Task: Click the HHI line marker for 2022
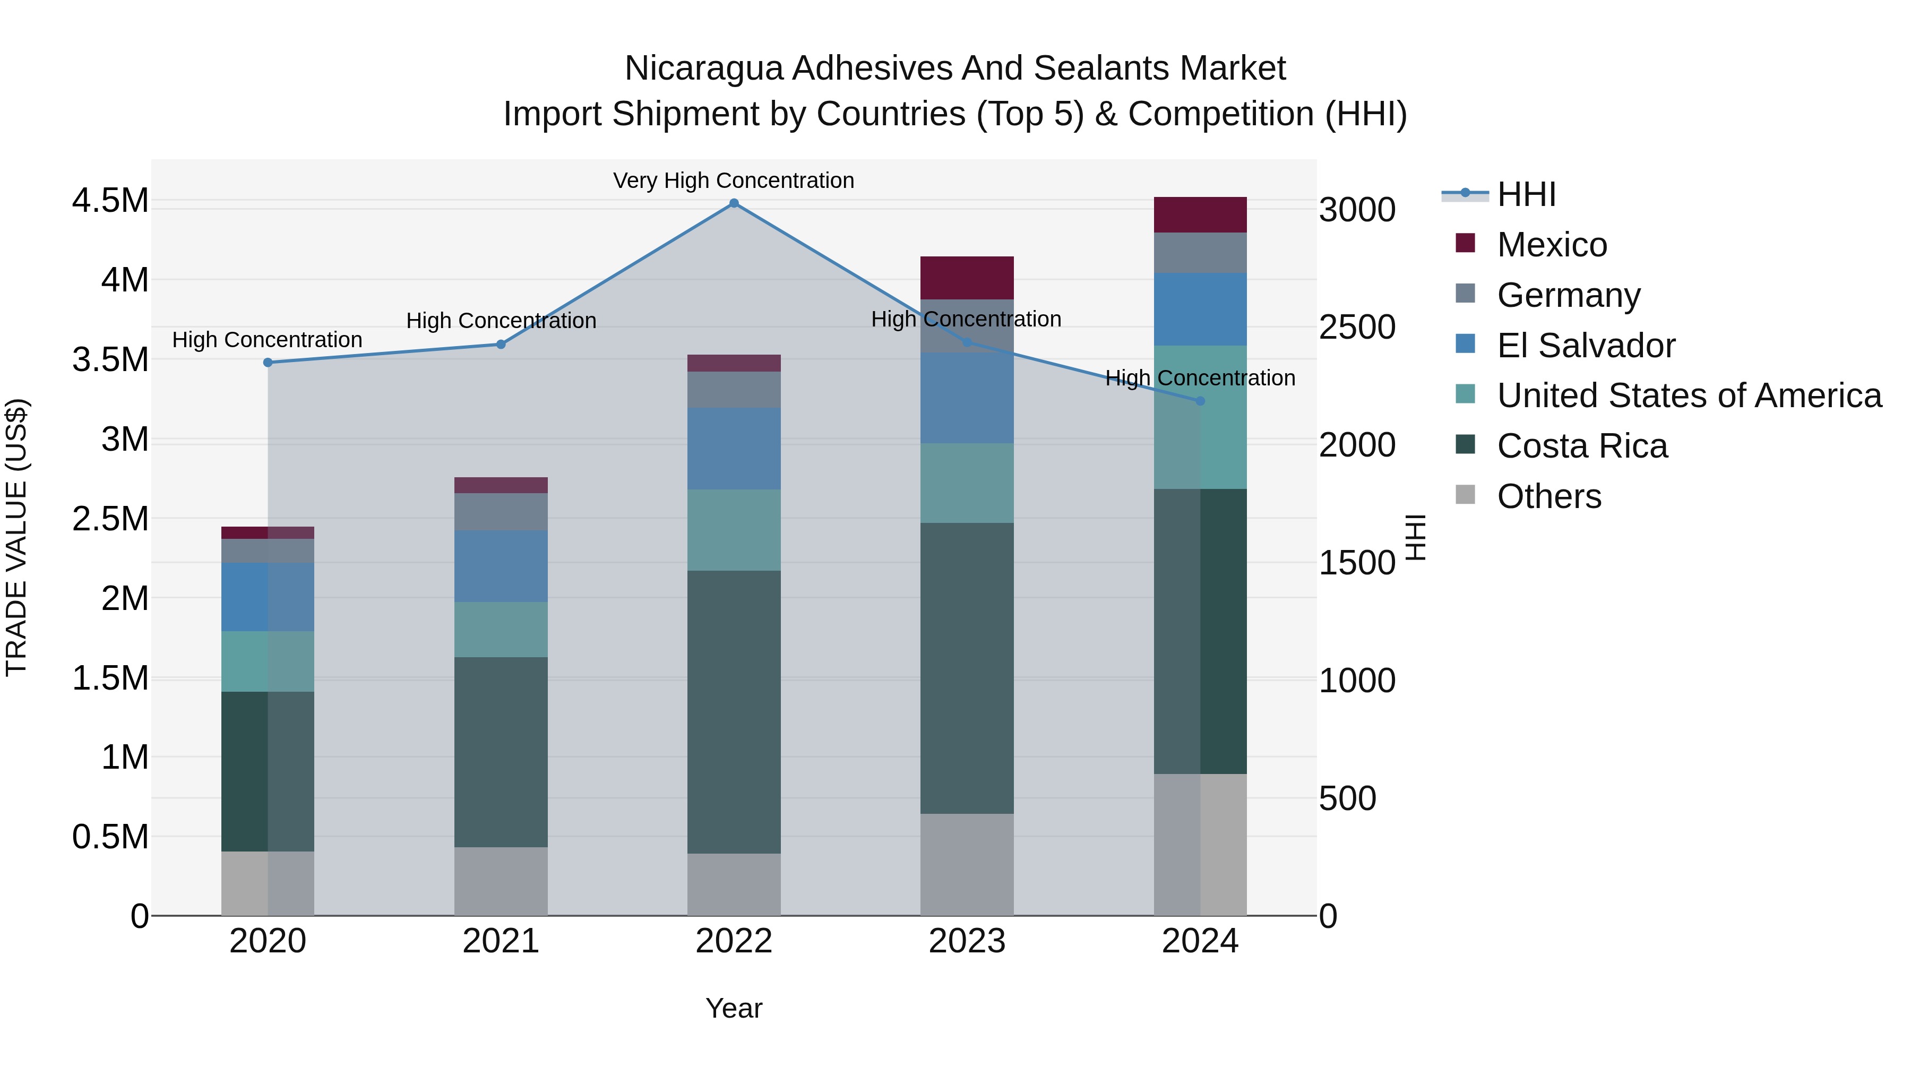click(x=734, y=203)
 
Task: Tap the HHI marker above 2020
click(x=268, y=363)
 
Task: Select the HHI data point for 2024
click(x=1200, y=401)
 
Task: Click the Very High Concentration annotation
click(x=733, y=181)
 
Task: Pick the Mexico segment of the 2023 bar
click(x=967, y=278)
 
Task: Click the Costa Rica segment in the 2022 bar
click(x=734, y=712)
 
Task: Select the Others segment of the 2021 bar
click(x=501, y=881)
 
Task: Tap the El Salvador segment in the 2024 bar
click(x=1200, y=309)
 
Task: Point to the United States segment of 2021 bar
click(x=501, y=630)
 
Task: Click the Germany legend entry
click(x=1568, y=295)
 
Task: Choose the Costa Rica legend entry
click(x=1582, y=446)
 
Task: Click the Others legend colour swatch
click(x=1465, y=494)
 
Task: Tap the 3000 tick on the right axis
click(x=1357, y=210)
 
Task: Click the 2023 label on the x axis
click(x=967, y=941)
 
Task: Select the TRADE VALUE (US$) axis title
click(x=17, y=537)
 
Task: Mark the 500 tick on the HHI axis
click(x=1347, y=799)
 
